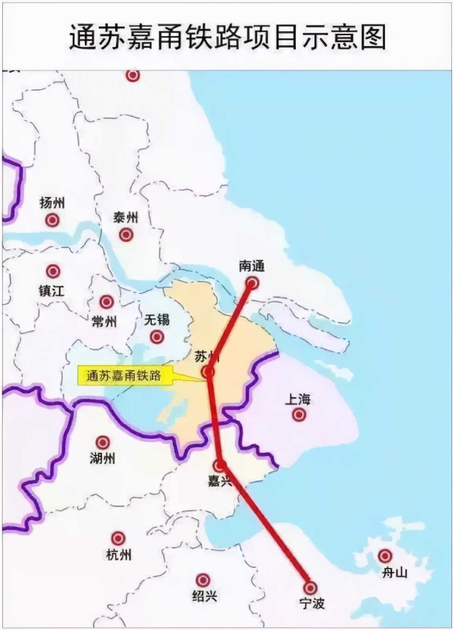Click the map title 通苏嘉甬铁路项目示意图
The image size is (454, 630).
pyautogui.click(x=227, y=37)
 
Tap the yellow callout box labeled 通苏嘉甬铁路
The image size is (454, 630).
pyautogui.click(x=124, y=375)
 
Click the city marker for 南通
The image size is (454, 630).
pyautogui.click(x=252, y=283)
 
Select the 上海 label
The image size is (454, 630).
pyautogui.click(x=297, y=399)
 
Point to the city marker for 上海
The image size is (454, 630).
pyautogui.click(x=299, y=415)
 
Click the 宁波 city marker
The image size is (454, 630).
pyautogui.click(x=310, y=588)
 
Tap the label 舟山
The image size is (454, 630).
pyautogui.click(x=394, y=573)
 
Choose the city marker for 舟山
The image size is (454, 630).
pyautogui.click(x=385, y=555)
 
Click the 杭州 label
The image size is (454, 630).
pyautogui.click(x=119, y=554)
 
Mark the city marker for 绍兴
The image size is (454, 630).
pyautogui.click(x=202, y=580)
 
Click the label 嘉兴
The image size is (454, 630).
pyautogui.click(x=220, y=481)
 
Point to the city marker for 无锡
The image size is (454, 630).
pyautogui.click(x=157, y=336)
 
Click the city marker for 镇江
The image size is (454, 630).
pyautogui.click(x=53, y=271)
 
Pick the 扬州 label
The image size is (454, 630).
pyautogui.click(x=52, y=203)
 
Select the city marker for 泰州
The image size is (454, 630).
pyautogui.click(x=126, y=235)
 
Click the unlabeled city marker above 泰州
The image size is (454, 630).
pyautogui.click(x=133, y=75)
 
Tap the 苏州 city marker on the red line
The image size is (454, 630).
pyautogui.click(x=208, y=372)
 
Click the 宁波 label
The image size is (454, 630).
pyautogui.click(x=312, y=604)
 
